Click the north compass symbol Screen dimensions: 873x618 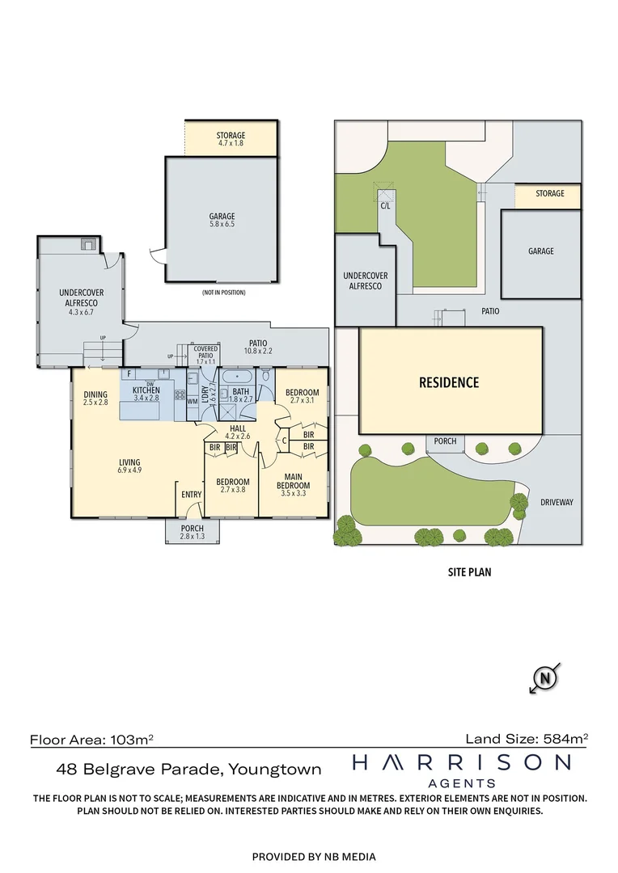coord(546,677)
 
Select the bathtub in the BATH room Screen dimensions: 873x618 coord(240,377)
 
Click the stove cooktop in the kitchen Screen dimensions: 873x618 coord(180,396)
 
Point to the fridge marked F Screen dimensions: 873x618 coord(129,374)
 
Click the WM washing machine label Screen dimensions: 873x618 coord(193,401)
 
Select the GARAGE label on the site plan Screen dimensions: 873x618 coord(541,251)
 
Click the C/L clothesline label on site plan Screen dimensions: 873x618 coord(385,206)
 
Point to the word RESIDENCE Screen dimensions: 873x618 coord(449,382)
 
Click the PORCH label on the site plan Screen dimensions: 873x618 coord(445,441)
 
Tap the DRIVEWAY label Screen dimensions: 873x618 coord(556,502)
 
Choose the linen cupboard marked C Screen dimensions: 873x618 coord(285,441)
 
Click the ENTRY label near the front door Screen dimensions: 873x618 coord(192,495)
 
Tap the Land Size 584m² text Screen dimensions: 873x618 coord(527,738)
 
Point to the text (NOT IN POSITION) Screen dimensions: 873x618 coord(223,292)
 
